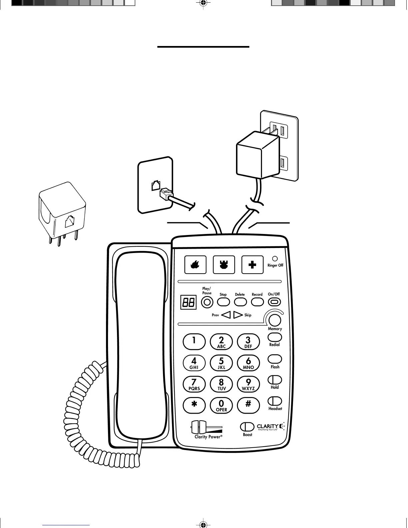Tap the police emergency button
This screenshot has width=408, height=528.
[x=224, y=265]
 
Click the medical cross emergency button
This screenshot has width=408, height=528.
[x=252, y=265]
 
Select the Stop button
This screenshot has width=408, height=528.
[x=223, y=302]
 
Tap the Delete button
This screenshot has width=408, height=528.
[x=240, y=302]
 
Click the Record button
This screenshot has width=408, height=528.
[x=257, y=302]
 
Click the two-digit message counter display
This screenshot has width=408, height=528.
[x=188, y=303]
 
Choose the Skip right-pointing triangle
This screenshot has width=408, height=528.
[x=238, y=315]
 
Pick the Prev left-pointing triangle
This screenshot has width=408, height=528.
[x=226, y=315]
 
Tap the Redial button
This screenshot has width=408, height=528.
[x=275, y=337]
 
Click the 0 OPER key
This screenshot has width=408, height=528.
[x=221, y=405]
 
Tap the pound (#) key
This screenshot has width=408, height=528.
[x=248, y=405]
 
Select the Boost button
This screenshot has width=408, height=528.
[x=247, y=427]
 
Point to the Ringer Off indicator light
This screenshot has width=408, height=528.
[x=275, y=259]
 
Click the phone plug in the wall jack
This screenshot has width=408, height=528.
[x=165, y=194]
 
